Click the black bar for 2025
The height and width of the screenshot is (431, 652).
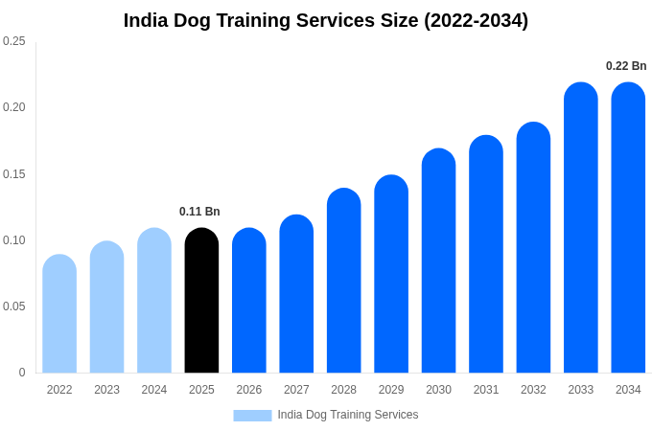point(201,301)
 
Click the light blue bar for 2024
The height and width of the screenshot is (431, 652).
point(154,301)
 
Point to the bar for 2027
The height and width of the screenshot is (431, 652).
point(296,294)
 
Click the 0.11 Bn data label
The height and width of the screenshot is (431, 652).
point(199,212)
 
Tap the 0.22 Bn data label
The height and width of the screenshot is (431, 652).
point(626,66)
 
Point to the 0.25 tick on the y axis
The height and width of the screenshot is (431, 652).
point(14,41)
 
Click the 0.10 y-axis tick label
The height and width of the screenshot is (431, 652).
point(14,240)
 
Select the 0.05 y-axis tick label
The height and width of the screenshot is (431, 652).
point(14,306)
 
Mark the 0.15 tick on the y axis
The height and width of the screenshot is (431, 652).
point(14,174)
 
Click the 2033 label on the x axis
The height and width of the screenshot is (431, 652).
point(581,390)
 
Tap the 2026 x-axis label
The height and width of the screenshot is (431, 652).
point(249,390)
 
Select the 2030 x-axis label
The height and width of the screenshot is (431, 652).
point(438,390)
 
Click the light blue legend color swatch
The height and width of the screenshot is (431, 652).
point(252,416)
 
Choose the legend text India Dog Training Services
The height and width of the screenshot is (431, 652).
point(348,415)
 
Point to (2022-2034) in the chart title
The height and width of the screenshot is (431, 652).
point(476,20)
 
